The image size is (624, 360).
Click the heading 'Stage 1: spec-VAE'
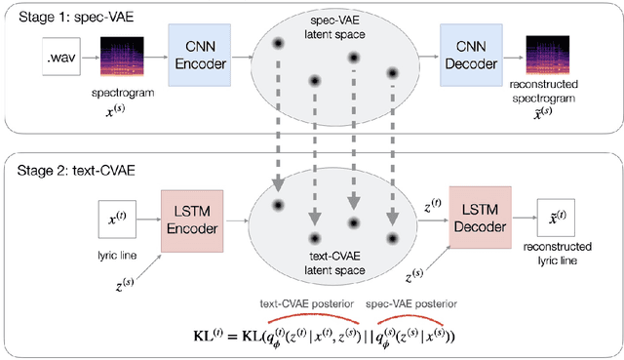75,18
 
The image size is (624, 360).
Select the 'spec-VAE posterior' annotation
413,303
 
